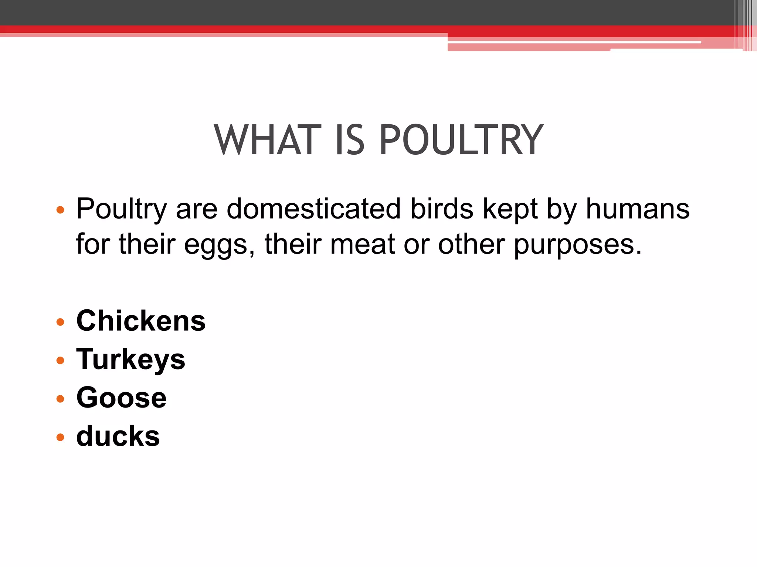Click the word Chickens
(141, 321)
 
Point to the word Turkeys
(130, 360)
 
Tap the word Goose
(121, 398)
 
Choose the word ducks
(118, 436)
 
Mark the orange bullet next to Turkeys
(60, 360)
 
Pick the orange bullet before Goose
(60, 399)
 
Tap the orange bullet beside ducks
(60, 437)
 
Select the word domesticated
(313, 209)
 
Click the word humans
(638, 209)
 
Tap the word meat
(362, 244)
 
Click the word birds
(442, 209)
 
